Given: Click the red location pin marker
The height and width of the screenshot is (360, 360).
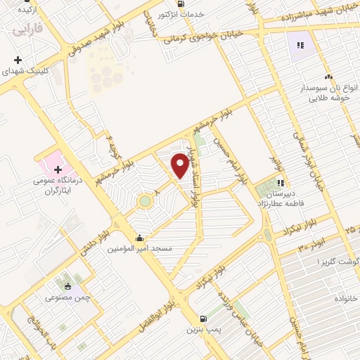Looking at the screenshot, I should [181, 165].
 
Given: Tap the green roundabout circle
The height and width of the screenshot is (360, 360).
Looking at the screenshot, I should [145, 201].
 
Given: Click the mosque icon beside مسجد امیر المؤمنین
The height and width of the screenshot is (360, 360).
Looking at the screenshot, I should [140, 238].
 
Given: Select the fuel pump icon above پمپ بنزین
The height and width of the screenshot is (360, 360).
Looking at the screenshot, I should [203, 318].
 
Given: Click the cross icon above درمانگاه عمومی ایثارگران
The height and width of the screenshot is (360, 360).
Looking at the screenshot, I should [57, 169].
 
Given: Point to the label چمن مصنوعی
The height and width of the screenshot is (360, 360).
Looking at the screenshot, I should [67, 297].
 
